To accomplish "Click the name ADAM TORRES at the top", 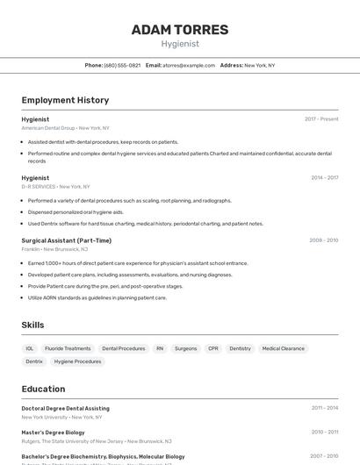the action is [180, 30].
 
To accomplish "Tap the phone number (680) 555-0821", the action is [122, 65].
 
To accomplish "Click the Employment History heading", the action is [65, 100].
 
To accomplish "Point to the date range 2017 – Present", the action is [321, 119].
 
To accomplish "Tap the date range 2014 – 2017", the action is [324, 178].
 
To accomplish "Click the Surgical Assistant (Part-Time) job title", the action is [67, 240].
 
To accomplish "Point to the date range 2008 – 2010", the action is [323, 240].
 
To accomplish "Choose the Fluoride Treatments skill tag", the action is [68, 348].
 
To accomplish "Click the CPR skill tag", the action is [213, 348].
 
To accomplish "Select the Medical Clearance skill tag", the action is [283, 348].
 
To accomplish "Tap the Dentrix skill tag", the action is [34, 361].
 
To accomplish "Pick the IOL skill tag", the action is [30, 348].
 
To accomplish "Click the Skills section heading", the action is [32, 325].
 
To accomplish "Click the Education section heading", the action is [43, 389].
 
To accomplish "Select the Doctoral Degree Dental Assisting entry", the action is [66, 408].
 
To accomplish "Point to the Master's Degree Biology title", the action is [54, 432].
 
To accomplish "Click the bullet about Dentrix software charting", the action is [145, 224].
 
